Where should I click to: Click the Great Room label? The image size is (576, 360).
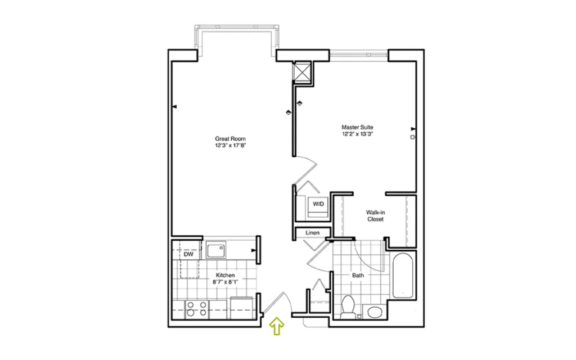tap(230, 139)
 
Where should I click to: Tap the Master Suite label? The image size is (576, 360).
tap(357, 127)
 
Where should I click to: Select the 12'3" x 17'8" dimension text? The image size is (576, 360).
tap(230, 146)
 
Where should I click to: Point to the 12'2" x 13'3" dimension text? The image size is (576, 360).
tap(357, 134)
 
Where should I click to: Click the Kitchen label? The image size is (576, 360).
tap(225, 275)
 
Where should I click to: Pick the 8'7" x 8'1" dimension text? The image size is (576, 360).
tap(225, 282)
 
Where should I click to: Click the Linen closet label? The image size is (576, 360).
tap(312, 232)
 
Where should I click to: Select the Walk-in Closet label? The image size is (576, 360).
tap(375, 215)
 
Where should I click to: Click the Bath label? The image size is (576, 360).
tap(358, 275)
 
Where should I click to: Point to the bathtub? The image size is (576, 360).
tap(403, 276)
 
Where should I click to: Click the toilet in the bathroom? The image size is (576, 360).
tap(348, 307)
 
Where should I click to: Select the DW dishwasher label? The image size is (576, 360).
tap(188, 254)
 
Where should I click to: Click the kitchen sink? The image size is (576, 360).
tap(216, 250)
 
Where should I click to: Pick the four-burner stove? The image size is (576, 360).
tap(196, 309)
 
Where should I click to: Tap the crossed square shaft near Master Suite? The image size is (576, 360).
tap(302, 71)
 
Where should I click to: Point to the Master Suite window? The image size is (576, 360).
tap(358, 55)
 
